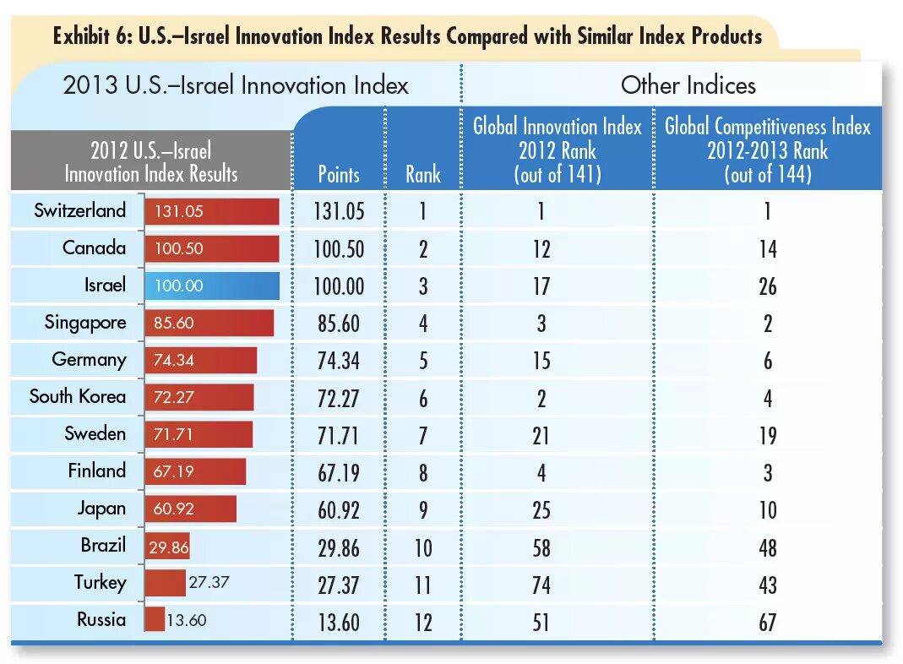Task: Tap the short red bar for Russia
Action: pos(155,619)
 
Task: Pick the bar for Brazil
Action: pos(167,546)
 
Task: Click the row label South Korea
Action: pos(77,396)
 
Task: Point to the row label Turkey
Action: pos(100,582)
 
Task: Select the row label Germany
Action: pos(89,359)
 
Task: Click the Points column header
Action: pos(339,175)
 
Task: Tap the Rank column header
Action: pos(423,175)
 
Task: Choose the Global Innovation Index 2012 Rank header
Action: pos(558,150)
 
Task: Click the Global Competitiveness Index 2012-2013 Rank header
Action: pos(767,150)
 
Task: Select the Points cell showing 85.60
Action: pos(339,324)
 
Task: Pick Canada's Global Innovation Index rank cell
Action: pos(541,249)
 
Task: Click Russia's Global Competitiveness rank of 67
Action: pos(767,623)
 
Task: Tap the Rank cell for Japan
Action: pos(423,511)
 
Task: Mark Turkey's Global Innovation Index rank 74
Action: pos(541,585)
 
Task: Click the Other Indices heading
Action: pos(688,85)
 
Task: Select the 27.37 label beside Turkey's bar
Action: pos(209,582)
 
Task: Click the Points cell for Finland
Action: pos(339,472)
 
